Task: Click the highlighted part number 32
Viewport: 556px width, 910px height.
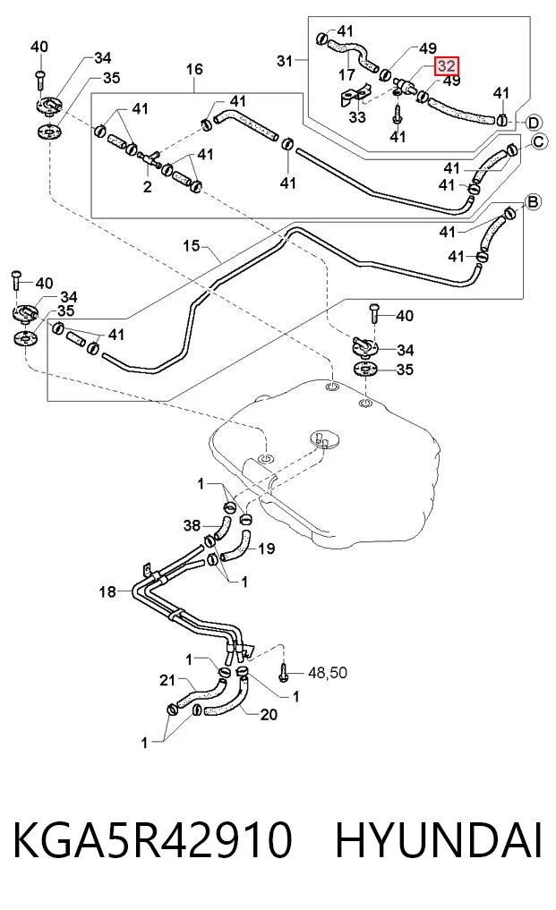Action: (446, 66)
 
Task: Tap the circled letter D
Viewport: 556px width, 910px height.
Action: (534, 123)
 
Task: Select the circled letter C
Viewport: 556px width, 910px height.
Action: (540, 142)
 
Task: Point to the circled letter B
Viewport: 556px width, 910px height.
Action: (533, 201)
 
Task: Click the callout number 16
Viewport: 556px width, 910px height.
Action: (194, 70)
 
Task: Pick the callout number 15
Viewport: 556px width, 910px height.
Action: (191, 245)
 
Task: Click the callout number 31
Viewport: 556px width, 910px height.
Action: (285, 60)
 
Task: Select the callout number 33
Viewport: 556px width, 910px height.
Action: (356, 116)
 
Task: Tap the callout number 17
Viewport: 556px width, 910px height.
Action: (346, 74)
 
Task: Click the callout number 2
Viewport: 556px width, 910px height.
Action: (148, 186)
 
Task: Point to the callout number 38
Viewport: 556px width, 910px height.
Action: (192, 525)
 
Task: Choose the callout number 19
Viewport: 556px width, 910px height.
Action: (266, 549)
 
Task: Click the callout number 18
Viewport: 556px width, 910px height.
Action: (107, 591)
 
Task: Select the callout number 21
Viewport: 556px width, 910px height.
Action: (167, 680)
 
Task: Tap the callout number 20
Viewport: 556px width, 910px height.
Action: (269, 714)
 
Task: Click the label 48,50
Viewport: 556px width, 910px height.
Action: (328, 673)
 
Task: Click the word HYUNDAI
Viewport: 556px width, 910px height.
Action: (439, 840)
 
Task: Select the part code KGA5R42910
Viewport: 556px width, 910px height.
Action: (152, 840)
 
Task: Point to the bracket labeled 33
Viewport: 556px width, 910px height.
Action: (354, 96)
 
